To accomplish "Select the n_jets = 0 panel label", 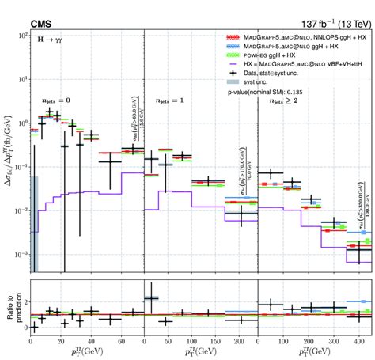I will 56,100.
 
